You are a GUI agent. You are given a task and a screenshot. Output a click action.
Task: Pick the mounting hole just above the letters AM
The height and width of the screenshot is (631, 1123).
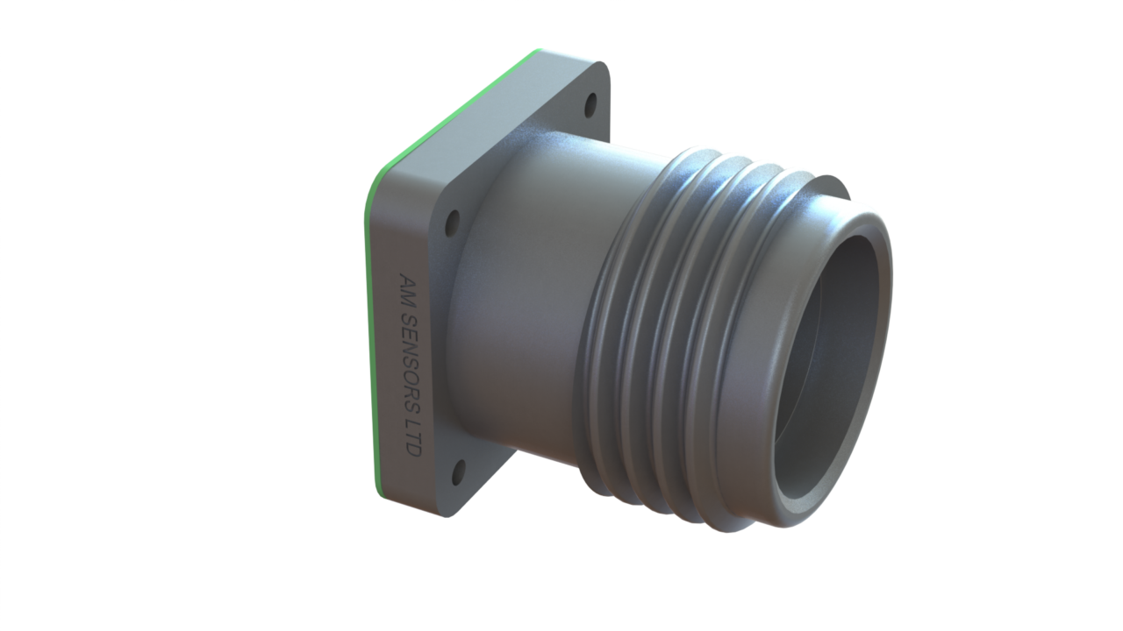tap(453, 223)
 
